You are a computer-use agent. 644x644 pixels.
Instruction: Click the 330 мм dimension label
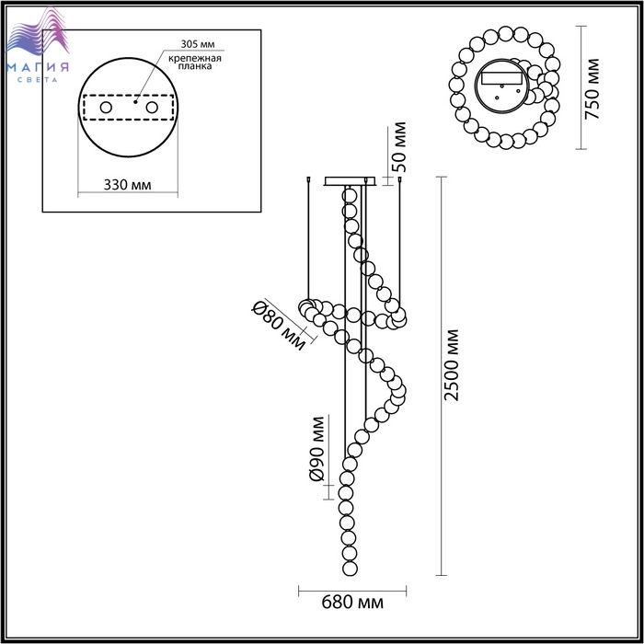click(127, 185)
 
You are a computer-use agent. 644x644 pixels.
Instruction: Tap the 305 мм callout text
click(198, 44)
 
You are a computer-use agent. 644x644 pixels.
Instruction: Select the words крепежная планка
click(195, 62)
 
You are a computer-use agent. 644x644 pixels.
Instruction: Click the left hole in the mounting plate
click(106, 108)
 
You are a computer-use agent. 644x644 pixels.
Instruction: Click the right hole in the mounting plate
click(152, 108)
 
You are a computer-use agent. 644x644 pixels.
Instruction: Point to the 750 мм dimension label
click(592, 88)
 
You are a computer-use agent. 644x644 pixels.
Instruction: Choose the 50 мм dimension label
click(398, 146)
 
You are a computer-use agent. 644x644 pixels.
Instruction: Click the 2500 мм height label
click(451, 364)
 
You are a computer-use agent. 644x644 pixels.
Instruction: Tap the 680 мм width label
click(352, 602)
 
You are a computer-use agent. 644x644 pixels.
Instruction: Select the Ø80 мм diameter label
click(280, 326)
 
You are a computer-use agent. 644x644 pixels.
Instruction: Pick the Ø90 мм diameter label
click(316, 449)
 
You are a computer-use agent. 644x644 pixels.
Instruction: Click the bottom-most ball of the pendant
click(350, 569)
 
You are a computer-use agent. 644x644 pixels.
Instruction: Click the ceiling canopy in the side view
click(350, 181)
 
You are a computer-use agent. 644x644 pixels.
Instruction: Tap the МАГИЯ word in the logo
click(38, 67)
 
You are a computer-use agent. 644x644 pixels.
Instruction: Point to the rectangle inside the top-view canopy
click(502, 78)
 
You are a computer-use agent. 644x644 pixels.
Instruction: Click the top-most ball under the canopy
click(349, 196)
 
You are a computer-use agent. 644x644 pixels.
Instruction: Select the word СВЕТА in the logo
click(38, 80)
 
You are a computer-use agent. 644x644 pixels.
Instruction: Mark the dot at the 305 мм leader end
click(135, 101)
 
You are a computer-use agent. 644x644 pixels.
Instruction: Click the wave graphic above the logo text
click(38, 33)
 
